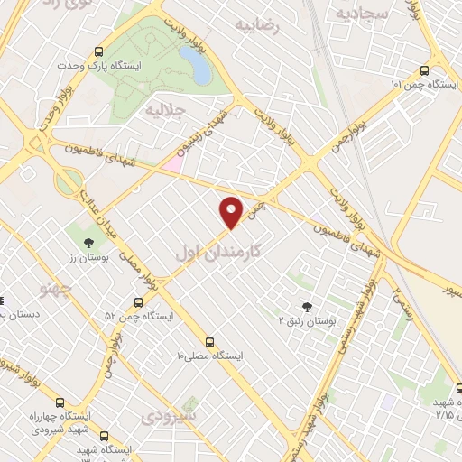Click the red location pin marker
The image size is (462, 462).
[233, 211]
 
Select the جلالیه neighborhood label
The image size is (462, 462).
[171, 112]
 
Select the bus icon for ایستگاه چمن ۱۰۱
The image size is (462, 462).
[424, 69]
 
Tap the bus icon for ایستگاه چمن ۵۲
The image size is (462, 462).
[138, 302]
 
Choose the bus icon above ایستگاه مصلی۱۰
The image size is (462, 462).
[209, 342]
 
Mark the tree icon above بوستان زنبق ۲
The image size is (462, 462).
[307, 307]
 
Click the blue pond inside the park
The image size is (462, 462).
[196, 63]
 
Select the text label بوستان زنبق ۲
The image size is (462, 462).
[307, 322]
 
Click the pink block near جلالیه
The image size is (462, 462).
[172, 163]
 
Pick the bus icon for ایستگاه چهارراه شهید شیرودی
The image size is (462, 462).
[60, 402]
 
